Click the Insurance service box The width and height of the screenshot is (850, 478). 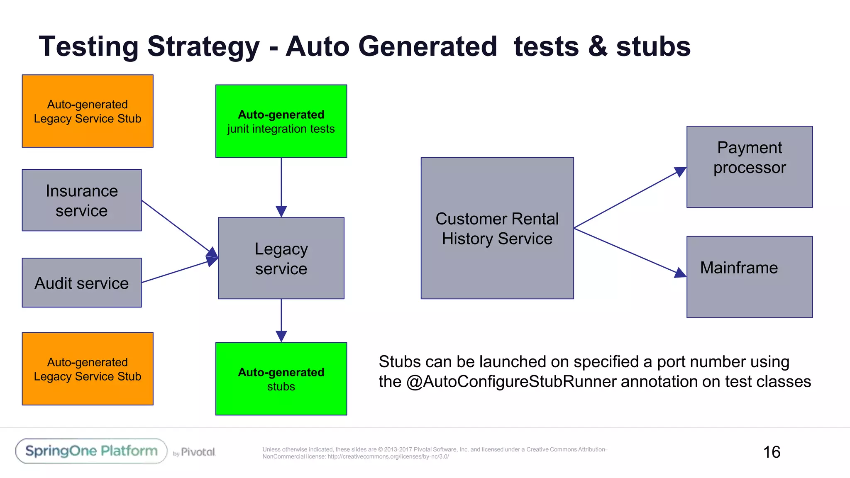point(82,200)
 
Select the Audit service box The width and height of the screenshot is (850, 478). point(82,283)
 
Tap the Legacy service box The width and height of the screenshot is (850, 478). point(281,258)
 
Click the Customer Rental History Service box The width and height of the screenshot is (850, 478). point(497,228)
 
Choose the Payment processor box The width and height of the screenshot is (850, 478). point(749,167)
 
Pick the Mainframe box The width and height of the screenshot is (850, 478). point(749,277)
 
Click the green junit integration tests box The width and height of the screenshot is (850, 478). point(281,121)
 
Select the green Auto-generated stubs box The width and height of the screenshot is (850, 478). point(281,378)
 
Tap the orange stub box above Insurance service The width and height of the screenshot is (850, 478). point(88,111)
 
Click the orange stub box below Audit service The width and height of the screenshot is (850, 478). point(88,368)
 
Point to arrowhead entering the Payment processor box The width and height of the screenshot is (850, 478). point(680,171)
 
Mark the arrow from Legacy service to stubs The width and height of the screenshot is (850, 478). point(281,317)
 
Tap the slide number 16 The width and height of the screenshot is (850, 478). point(772,452)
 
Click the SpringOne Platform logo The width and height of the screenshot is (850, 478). point(91,451)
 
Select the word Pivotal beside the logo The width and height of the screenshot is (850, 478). point(198,452)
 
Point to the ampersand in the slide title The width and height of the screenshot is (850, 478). point(598,46)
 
